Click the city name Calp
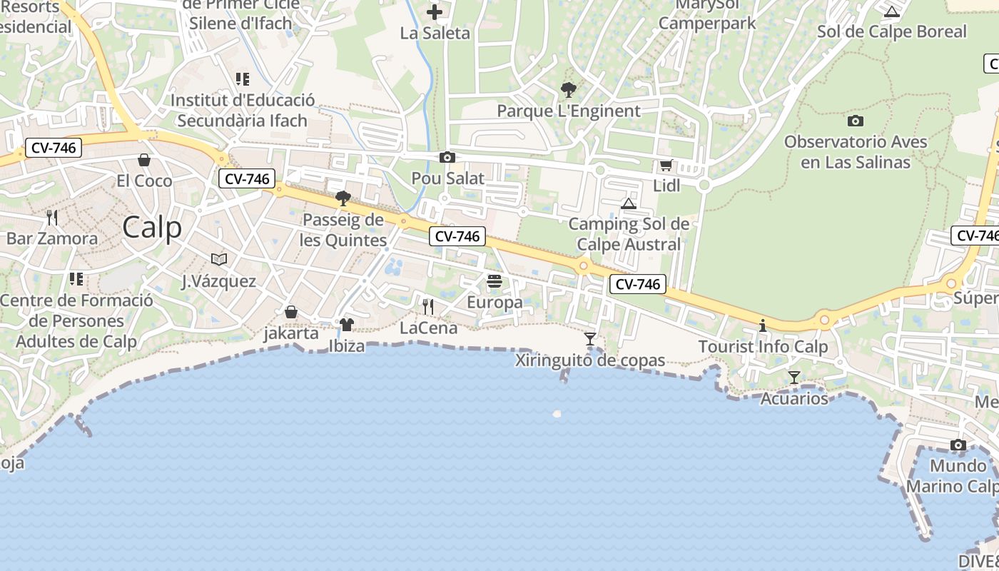[152, 228]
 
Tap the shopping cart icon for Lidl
[666, 166]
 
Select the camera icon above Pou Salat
[447, 158]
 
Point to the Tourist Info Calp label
[763, 347]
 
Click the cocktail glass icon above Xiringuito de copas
[590, 339]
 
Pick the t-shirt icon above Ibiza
[347, 325]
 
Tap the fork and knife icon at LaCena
[428, 307]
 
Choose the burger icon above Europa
[495, 282]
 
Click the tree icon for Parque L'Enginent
[569, 90]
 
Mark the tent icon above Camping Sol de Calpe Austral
[629, 204]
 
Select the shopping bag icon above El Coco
[144, 160]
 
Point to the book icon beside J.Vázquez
[219, 259]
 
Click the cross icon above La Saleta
[435, 12]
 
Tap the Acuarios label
[794, 398]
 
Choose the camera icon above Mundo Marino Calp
[958, 445]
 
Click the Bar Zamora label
[52, 238]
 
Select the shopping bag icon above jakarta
[291, 312]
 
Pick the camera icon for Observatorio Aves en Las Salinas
[856, 121]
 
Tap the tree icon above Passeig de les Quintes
[343, 198]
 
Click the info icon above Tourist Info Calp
[763, 326]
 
